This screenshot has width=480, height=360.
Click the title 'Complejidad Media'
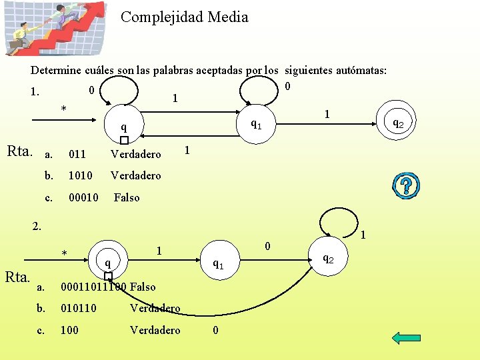tap(184, 17)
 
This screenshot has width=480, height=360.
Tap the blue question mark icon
tap(406, 186)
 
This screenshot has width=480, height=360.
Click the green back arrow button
tap(406, 338)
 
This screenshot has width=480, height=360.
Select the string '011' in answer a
tap(77, 154)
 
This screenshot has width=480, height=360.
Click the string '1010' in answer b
tap(80, 175)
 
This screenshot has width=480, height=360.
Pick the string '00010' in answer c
tap(83, 197)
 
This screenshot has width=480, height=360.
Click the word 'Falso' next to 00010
tap(127, 197)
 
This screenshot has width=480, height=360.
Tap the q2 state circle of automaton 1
tap(396, 122)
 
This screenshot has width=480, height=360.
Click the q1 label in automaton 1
tap(256, 123)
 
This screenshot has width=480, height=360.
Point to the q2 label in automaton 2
tap(329, 258)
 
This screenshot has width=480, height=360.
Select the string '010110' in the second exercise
tap(78, 309)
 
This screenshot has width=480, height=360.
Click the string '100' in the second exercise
tap(69, 330)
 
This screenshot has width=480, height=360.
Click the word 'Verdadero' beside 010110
tap(155, 309)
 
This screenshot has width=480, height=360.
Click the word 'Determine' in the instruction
tap(56, 70)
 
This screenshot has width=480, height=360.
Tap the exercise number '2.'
tap(37, 225)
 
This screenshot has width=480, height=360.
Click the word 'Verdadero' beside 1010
tap(135, 175)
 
